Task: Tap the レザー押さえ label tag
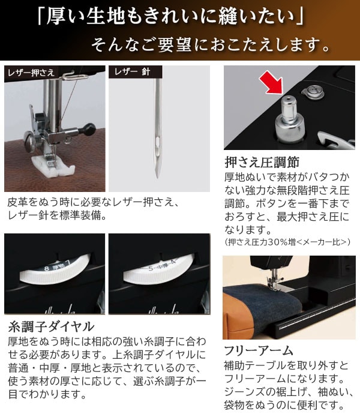click(31, 73)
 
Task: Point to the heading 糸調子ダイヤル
click(51, 327)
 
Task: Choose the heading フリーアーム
click(258, 350)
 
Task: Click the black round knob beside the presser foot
click(90, 127)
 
